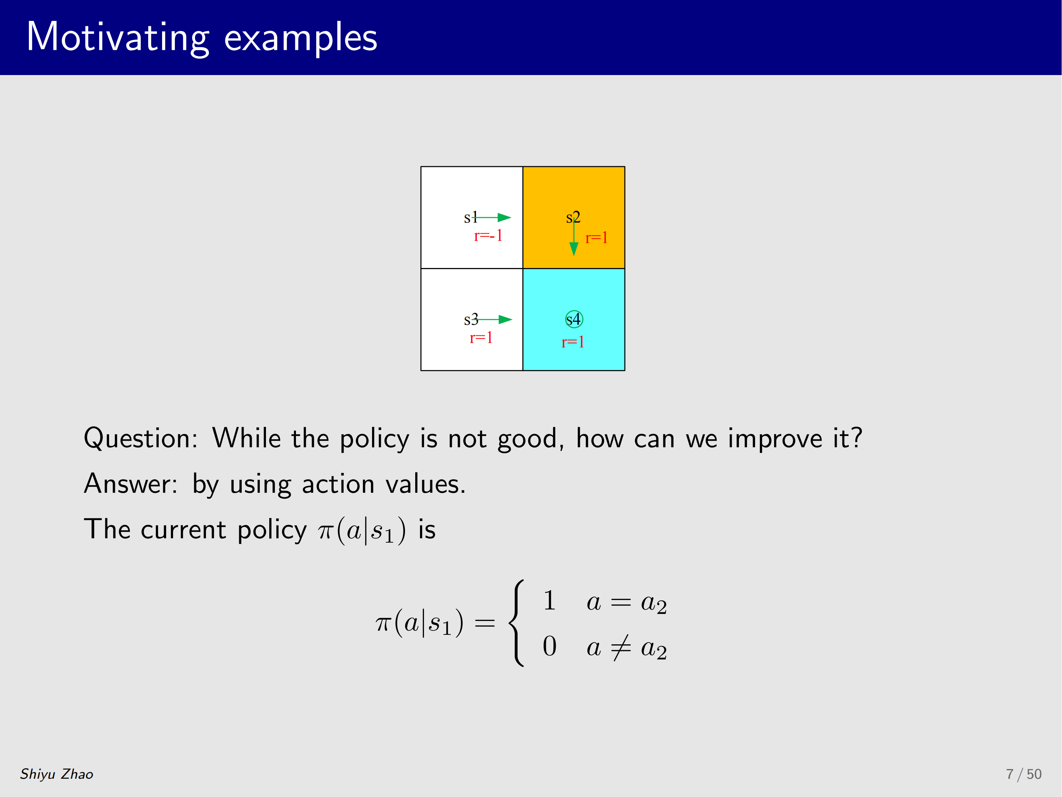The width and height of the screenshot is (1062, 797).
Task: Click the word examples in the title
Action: (301, 38)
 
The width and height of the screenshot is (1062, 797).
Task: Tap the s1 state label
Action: (470, 217)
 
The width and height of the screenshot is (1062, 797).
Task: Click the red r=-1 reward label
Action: (488, 235)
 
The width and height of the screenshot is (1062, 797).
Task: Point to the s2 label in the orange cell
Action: (573, 217)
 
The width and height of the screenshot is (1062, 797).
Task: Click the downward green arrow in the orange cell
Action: (574, 237)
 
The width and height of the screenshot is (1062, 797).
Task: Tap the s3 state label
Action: (471, 320)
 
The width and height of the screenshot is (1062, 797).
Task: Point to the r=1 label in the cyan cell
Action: (573, 342)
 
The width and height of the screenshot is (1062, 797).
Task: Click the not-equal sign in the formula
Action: (621, 647)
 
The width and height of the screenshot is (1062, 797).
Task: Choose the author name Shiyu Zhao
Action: (57, 774)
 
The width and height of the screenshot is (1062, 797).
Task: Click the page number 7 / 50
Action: (1024, 774)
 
